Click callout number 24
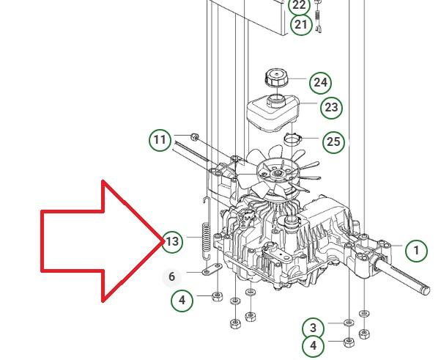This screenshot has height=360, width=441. (320, 83)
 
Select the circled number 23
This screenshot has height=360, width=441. (331, 108)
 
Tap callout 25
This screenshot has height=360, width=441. (333, 142)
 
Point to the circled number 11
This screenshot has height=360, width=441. (160, 140)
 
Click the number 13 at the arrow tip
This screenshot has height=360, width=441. (172, 241)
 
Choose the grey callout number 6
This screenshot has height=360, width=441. (172, 277)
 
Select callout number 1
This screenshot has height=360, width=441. (417, 251)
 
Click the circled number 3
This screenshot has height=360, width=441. (313, 328)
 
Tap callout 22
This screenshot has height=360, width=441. (299, 6)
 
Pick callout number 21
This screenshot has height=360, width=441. (301, 25)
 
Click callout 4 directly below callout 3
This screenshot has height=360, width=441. (314, 345)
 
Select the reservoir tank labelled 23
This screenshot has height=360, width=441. (273, 113)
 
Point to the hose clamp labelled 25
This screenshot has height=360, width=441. (292, 139)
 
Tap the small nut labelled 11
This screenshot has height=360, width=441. (194, 137)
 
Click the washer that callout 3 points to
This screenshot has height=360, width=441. (349, 323)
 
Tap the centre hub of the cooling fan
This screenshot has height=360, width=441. (278, 173)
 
